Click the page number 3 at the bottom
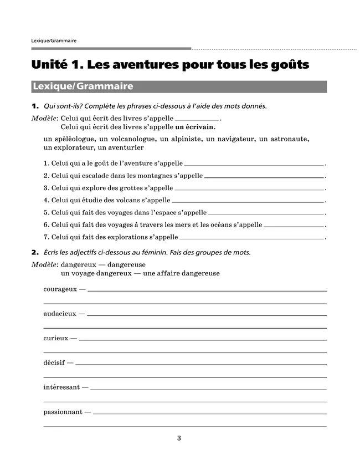click(x=179, y=438)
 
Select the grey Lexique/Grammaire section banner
click(x=179, y=86)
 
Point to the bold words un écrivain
click(x=199, y=127)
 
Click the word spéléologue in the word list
click(x=76, y=139)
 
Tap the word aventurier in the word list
click(x=125, y=148)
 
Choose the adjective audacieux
click(x=59, y=314)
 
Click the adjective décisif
click(x=54, y=363)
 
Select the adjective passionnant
click(x=63, y=412)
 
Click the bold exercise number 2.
click(x=34, y=252)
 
